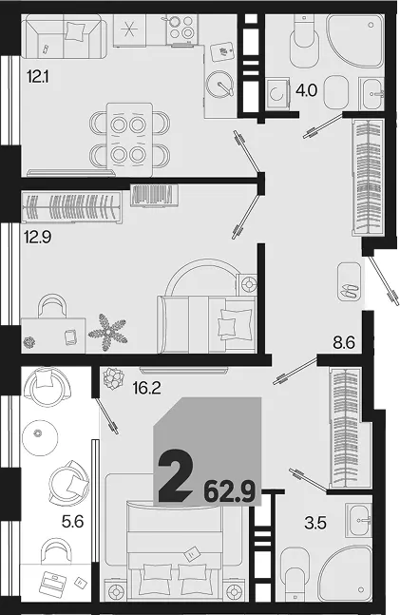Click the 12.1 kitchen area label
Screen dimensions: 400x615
click(x=38, y=77)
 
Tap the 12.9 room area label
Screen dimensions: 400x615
click(x=38, y=237)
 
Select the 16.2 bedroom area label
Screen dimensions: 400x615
click(x=146, y=388)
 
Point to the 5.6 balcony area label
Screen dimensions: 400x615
click(x=73, y=522)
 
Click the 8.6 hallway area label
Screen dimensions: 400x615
click(x=344, y=342)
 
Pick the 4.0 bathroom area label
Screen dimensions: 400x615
click(x=306, y=91)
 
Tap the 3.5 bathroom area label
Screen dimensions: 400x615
click(x=315, y=523)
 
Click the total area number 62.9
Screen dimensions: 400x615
click(x=230, y=491)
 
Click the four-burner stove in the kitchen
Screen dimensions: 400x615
click(x=182, y=29)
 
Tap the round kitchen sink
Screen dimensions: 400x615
click(x=220, y=85)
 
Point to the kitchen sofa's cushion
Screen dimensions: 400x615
click(x=74, y=31)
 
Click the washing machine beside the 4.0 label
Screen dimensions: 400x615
click(x=277, y=94)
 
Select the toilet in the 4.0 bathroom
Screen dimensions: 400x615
click(x=305, y=42)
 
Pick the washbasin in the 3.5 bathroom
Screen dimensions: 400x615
click(x=358, y=520)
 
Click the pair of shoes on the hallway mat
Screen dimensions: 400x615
click(x=349, y=292)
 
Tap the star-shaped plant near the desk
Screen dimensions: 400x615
click(x=107, y=332)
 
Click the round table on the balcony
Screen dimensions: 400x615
click(x=40, y=437)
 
